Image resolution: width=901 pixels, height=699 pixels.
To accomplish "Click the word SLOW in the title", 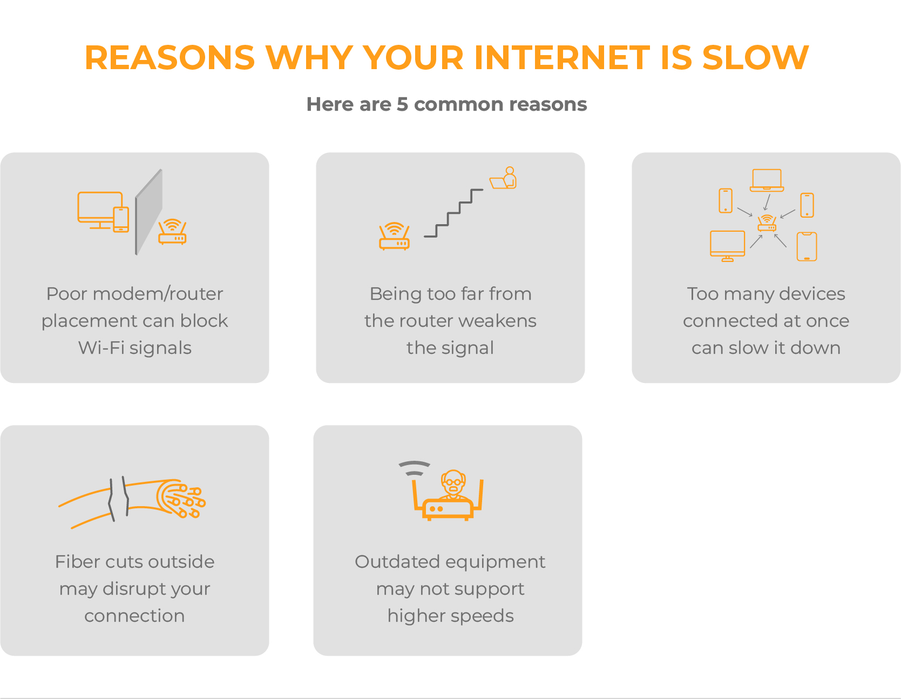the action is click(x=755, y=57).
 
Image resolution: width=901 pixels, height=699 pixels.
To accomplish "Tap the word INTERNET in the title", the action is click(x=562, y=57).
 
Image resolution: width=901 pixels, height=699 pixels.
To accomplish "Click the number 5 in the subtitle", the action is click(x=402, y=104).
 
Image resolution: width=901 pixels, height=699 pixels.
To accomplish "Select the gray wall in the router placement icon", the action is click(x=148, y=212).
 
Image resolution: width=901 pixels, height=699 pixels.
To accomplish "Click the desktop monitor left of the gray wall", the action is click(x=100, y=210).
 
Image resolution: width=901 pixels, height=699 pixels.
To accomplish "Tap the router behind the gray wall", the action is click(x=172, y=232).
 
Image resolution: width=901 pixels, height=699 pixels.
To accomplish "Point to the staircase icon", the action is click(x=453, y=213).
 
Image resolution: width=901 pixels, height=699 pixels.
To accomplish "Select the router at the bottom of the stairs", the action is click(x=394, y=236).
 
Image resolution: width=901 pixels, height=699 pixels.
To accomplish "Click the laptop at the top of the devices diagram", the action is click(x=767, y=180).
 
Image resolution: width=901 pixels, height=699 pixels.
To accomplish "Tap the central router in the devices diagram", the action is click(x=767, y=223).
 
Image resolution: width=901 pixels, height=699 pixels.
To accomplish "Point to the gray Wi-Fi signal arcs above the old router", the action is click(x=414, y=468).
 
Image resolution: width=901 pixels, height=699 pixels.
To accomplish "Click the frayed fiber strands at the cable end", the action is click(x=181, y=499).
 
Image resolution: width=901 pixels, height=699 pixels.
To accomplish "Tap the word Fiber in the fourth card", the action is click(x=78, y=562).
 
